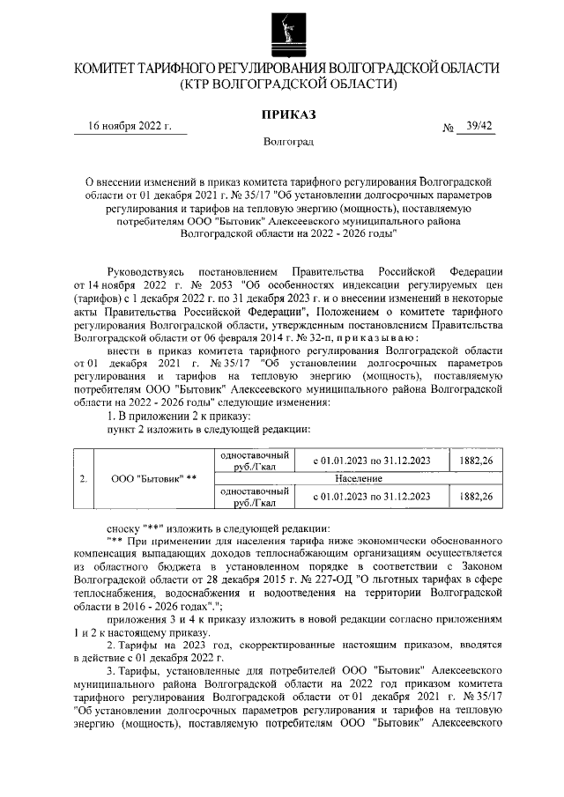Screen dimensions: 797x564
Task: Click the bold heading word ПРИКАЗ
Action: pyautogui.click(x=288, y=114)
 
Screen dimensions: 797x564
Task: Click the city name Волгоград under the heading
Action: pyautogui.click(x=288, y=141)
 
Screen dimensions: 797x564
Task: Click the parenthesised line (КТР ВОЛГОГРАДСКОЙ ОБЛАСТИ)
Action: pyautogui.click(x=287, y=85)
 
